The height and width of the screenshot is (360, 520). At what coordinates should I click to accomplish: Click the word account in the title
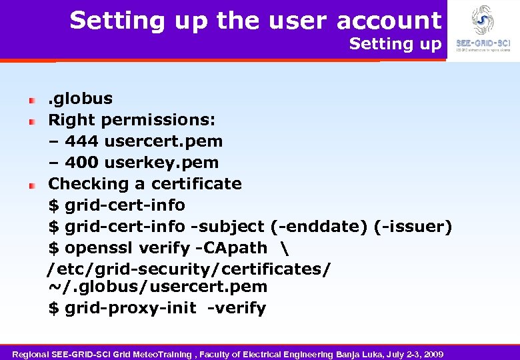[x=389, y=21]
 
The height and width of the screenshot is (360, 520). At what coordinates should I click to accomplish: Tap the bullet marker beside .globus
[x=31, y=100]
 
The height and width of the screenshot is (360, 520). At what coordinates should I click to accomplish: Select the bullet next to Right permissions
[x=31, y=121]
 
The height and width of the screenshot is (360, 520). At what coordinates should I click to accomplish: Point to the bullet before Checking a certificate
[x=31, y=185]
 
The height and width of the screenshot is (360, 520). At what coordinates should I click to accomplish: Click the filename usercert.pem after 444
[x=163, y=141]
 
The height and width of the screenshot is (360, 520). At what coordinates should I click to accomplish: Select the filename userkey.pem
[x=161, y=163]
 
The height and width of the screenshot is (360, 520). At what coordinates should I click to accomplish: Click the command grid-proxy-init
[x=131, y=308]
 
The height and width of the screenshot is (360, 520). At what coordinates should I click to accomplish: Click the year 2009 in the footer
[x=433, y=353]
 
